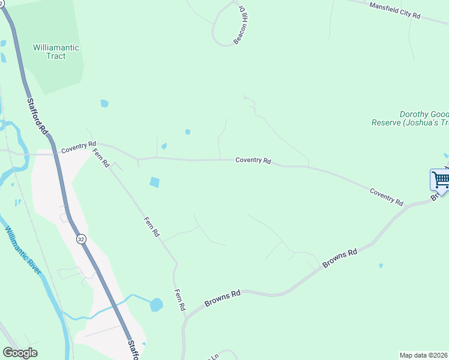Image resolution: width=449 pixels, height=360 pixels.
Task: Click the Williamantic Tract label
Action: (56, 52)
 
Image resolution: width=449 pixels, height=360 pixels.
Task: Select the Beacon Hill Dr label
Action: (242, 25)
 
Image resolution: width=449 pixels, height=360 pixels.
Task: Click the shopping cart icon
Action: (440, 179)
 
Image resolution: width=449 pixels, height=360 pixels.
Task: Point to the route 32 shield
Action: (81, 239)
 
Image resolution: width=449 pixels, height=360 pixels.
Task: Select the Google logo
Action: (20, 353)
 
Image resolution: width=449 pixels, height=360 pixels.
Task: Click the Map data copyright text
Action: (424, 355)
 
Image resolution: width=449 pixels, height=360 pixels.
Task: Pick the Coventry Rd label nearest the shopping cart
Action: (386, 196)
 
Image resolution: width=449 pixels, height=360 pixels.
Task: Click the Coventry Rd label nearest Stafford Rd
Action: (78, 145)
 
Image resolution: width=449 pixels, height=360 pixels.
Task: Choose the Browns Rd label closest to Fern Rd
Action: (222, 298)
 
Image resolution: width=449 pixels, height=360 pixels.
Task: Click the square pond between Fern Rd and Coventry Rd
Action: (155, 182)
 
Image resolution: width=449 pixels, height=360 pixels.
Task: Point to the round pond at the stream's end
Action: (156, 304)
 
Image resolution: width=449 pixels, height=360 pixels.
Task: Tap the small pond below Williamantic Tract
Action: (104, 103)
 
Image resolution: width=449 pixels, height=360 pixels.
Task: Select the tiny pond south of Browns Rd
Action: (381, 265)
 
